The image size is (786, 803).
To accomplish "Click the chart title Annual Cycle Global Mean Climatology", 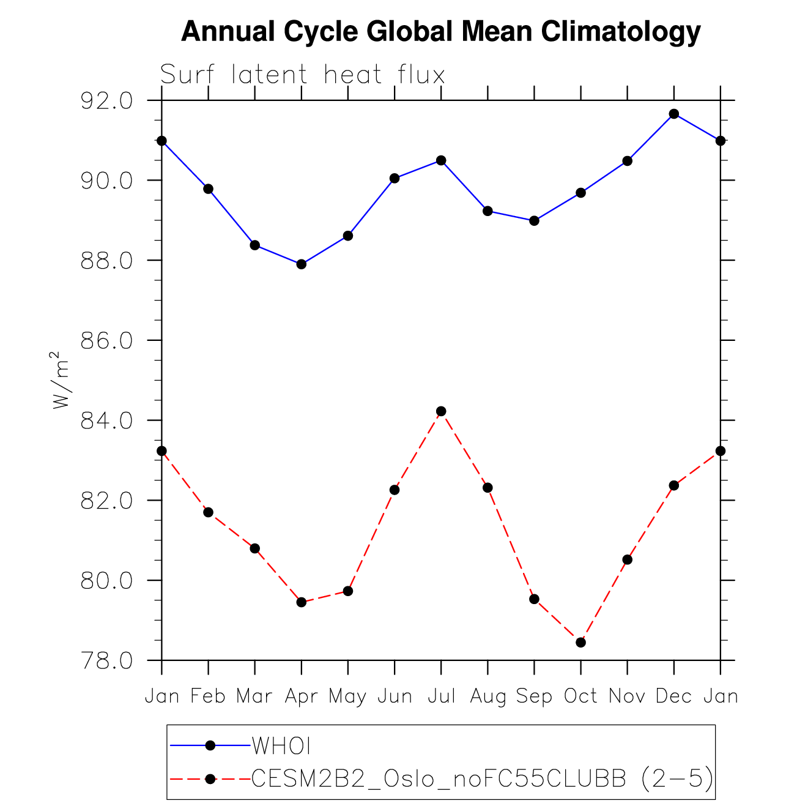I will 440,31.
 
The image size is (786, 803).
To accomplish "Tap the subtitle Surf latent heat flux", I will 302,75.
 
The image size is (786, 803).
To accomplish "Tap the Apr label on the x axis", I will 301,697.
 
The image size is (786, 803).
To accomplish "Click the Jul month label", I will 441,697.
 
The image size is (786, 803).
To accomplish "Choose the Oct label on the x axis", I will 580,697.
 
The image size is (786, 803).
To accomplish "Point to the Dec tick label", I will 673,697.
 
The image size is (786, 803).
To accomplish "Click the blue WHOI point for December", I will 673,114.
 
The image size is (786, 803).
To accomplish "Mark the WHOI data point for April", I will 301,264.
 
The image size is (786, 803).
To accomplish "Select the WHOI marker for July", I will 441,160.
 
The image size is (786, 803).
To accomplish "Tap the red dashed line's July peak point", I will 441,411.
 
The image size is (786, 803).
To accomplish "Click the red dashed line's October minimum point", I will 580,643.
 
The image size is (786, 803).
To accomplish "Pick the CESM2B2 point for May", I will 348,591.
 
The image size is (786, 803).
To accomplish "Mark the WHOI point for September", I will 534,221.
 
